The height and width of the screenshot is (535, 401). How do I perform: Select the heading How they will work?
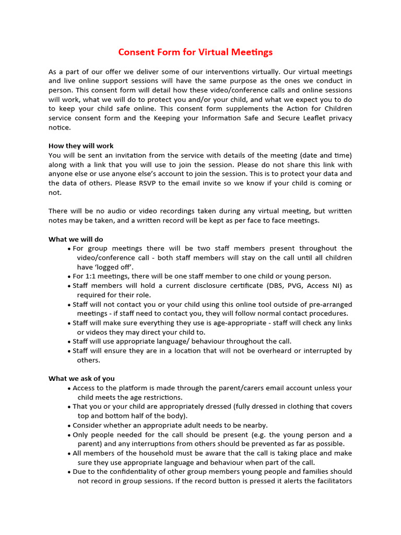81,146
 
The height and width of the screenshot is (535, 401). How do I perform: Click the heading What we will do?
76,239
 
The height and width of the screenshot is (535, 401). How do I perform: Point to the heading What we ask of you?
81,378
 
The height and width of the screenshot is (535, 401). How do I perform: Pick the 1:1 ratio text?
92,276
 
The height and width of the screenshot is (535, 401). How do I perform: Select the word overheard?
273,351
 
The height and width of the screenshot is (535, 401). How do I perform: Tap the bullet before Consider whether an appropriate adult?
69,426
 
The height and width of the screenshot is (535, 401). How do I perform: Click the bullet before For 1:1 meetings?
69,277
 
